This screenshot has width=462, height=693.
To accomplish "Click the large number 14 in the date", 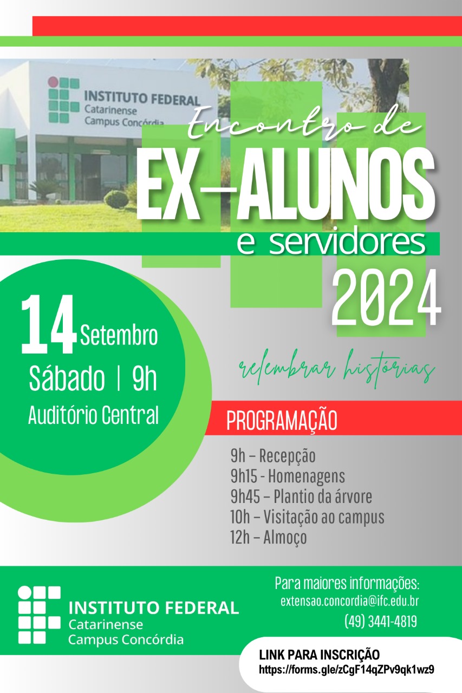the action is click(49, 324).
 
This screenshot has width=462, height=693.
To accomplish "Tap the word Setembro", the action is click(119, 335).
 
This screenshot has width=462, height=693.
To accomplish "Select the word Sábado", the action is click(67, 378).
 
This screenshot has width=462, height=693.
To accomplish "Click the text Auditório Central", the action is click(94, 415).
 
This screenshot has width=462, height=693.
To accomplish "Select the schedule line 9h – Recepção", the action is click(273, 456).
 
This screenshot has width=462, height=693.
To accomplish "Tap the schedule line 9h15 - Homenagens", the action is click(288, 476).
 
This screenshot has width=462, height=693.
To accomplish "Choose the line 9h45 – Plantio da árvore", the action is click(301, 496).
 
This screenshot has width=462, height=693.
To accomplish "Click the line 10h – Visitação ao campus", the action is click(307, 517).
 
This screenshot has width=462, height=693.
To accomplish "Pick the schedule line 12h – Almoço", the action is click(268, 538).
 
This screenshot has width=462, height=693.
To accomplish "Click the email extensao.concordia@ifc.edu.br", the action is click(350, 601).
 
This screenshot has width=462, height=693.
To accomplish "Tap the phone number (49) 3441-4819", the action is click(381, 621).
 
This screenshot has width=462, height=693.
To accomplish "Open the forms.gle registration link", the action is click(347, 670).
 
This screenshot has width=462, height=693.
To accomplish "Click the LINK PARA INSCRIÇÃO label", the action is click(320, 655).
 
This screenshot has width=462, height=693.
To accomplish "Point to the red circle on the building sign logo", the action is click(53, 82).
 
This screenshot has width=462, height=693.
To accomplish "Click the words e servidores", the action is click(331, 244).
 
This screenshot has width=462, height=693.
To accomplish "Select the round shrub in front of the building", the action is click(116, 199).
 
